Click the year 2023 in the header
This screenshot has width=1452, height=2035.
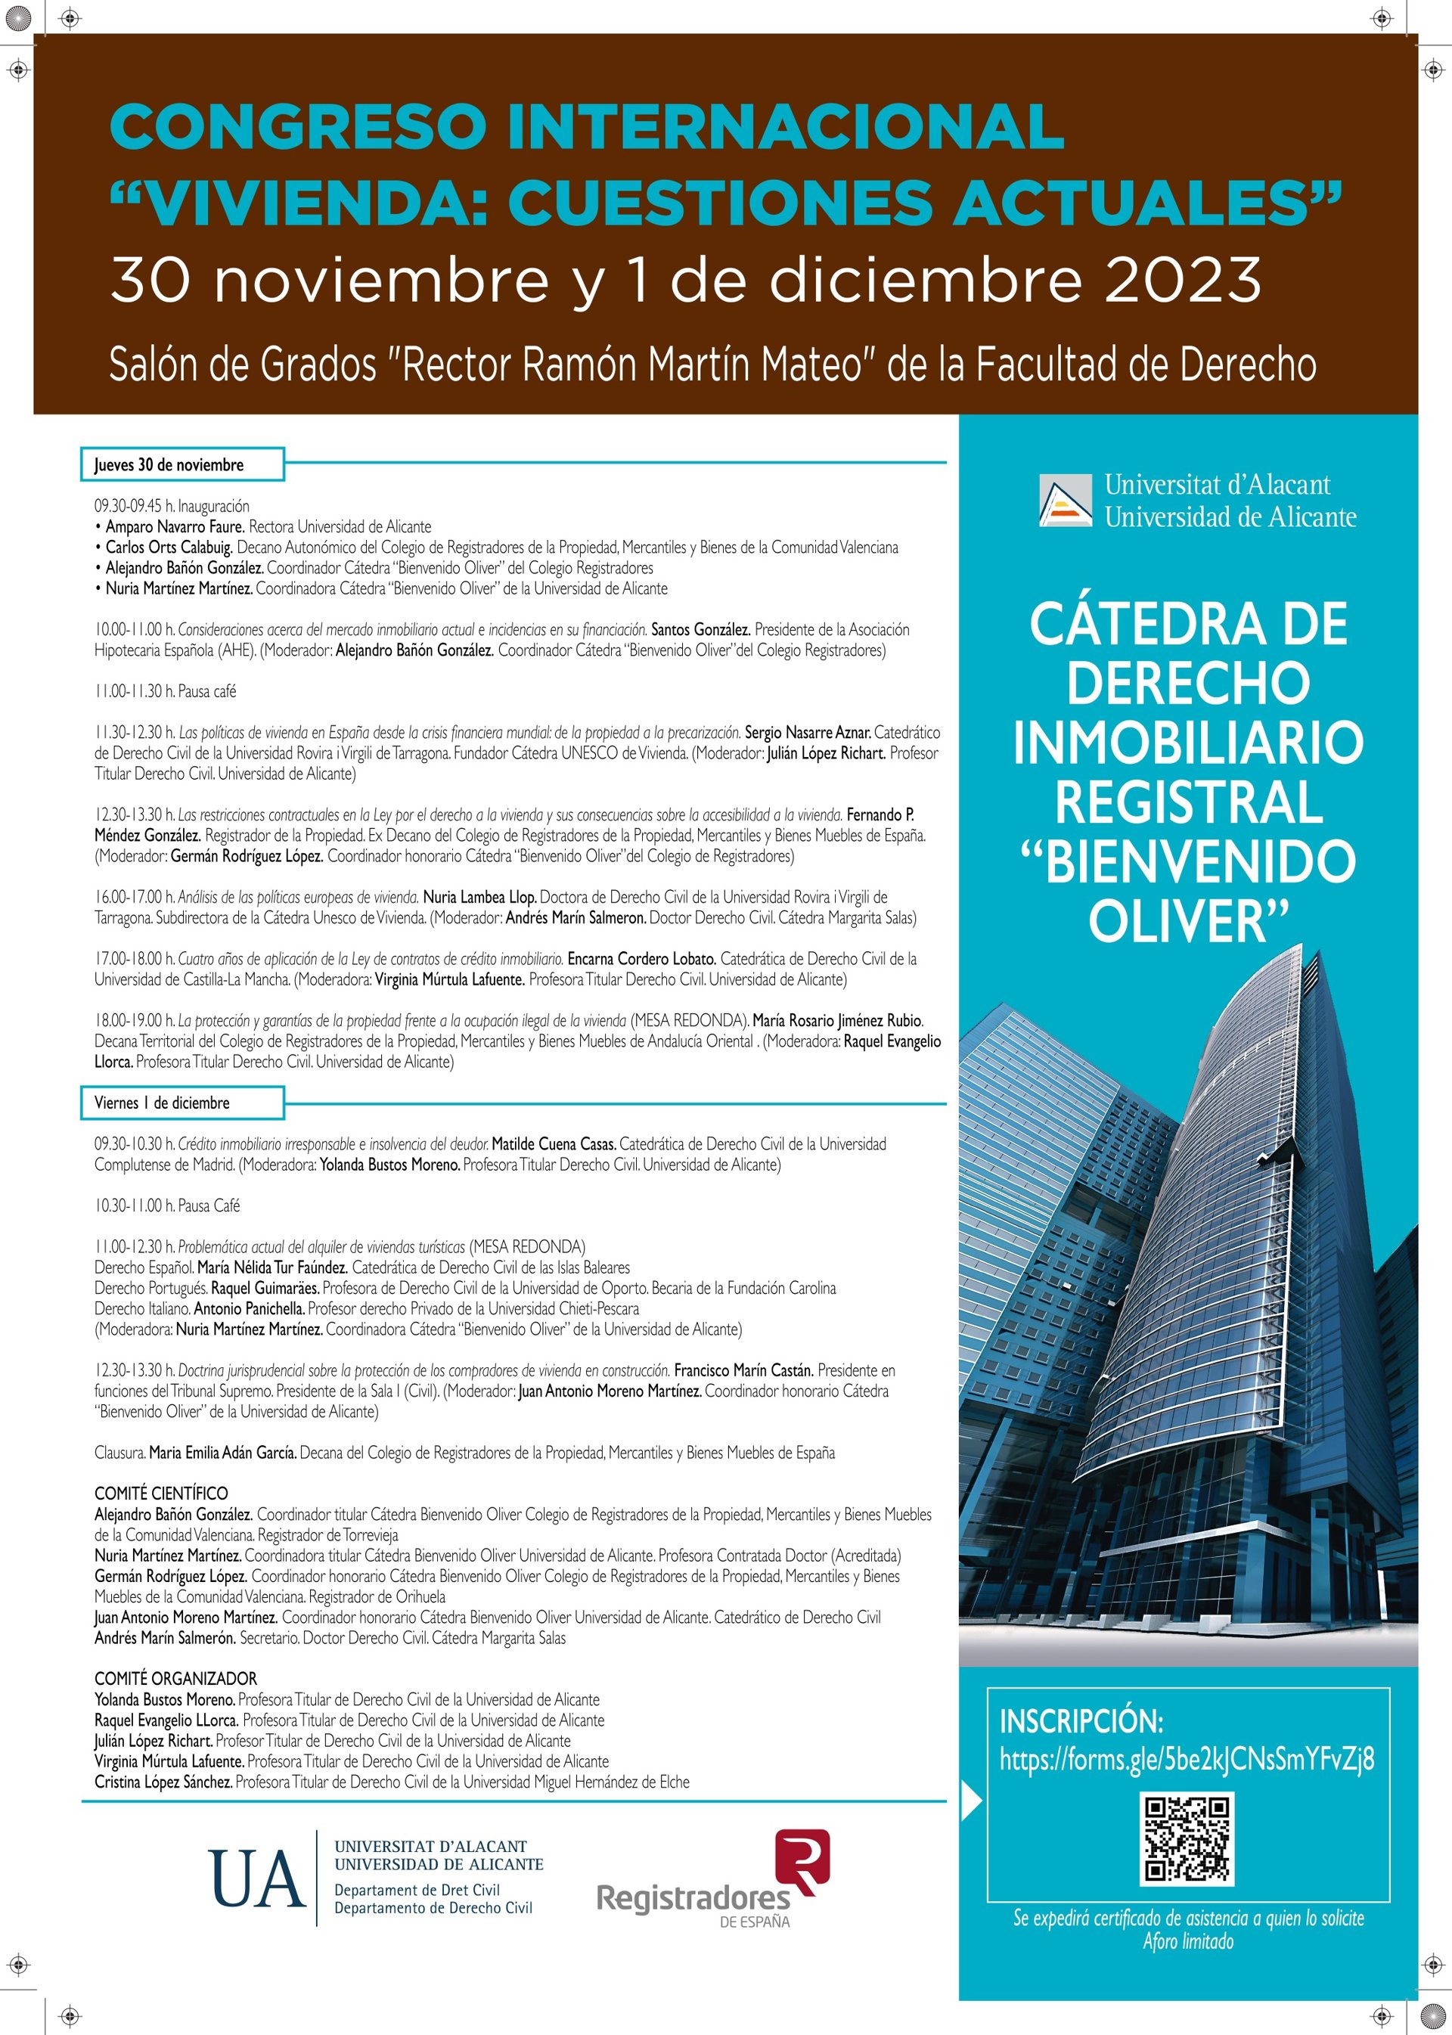click(x=1182, y=280)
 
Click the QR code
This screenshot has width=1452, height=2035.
click(x=1187, y=1838)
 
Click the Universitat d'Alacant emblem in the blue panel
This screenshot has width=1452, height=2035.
click(x=1065, y=500)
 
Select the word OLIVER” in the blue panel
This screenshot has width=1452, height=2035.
click(x=1188, y=920)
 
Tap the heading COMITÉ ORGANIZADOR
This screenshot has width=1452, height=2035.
click(x=175, y=1678)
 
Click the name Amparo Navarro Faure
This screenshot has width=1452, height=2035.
click(x=175, y=526)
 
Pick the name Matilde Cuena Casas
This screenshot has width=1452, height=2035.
click(x=553, y=1143)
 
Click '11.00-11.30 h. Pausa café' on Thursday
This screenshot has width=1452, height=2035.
click(x=166, y=691)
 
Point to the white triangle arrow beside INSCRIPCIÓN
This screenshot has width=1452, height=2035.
click(x=971, y=1801)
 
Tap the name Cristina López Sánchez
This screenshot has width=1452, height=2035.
click(x=163, y=1781)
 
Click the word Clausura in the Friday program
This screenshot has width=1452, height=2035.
click(x=119, y=1452)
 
